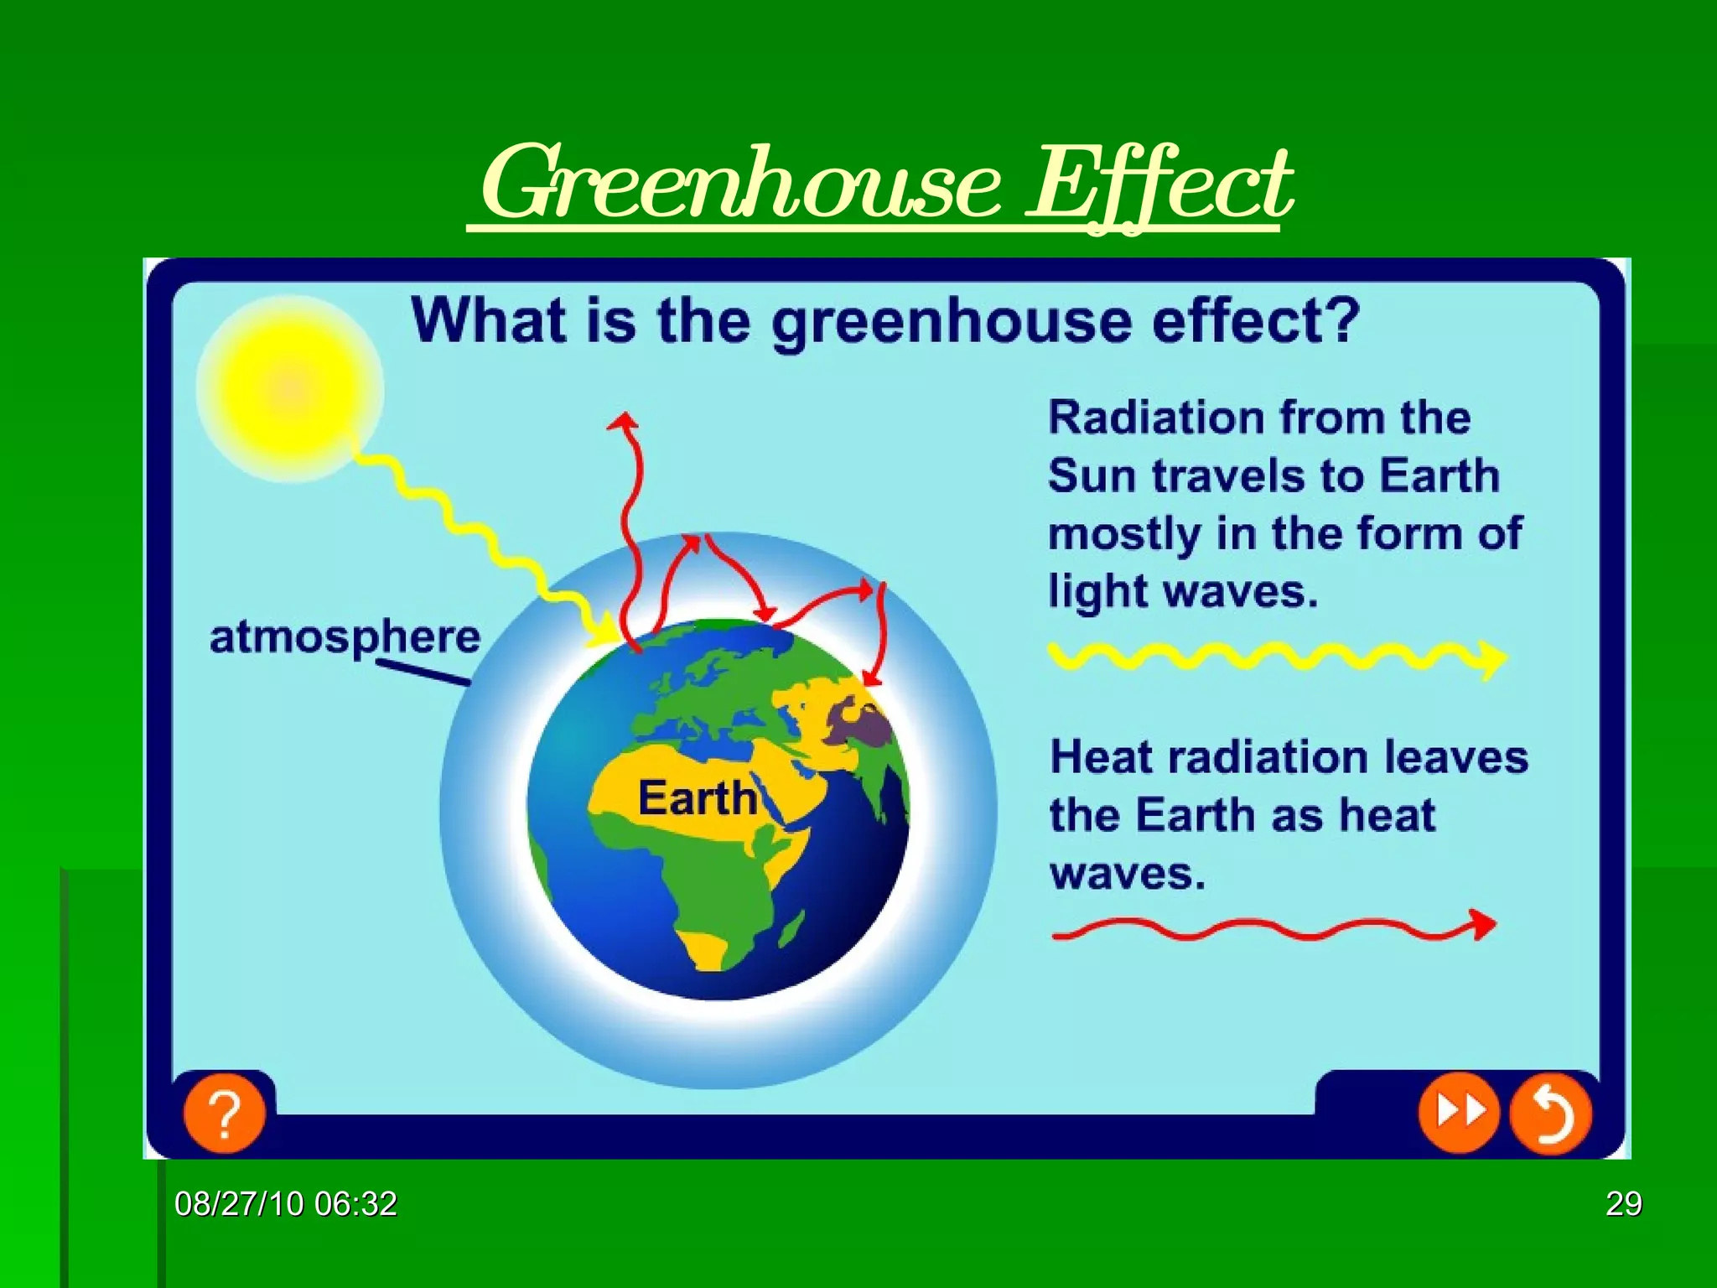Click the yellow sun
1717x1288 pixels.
tap(290, 389)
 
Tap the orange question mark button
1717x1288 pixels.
tap(225, 1114)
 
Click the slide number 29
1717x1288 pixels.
tap(1623, 1204)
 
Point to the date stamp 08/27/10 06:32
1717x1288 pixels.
tap(286, 1204)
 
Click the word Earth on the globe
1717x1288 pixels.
tap(698, 797)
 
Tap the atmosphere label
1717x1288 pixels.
tap(345, 637)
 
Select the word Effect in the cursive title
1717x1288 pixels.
tap(1160, 184)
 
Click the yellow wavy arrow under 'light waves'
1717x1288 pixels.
tap(1274, 657)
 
